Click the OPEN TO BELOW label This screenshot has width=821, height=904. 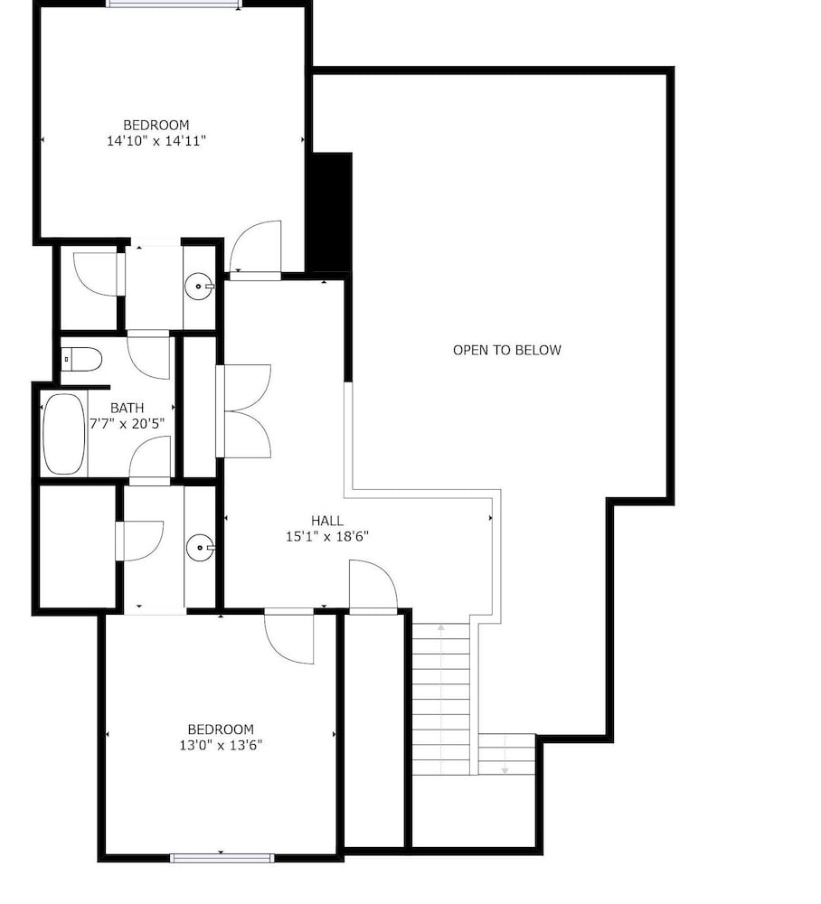[506, 350]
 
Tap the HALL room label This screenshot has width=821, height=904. [327, 521]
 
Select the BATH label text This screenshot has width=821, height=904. [127, 409]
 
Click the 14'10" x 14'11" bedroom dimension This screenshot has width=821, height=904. [156, 141]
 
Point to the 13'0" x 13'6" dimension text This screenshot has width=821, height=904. [221, 745]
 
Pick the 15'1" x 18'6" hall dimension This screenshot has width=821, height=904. [327, 536]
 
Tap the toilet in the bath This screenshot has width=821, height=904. [81, 359]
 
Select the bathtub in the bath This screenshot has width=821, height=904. [64, 434]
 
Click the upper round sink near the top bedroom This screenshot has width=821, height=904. [200, 286]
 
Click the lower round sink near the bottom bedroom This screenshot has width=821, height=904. [200, 546]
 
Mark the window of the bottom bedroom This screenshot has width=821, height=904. [222, 858]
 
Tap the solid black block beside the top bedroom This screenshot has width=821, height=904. [332, 212]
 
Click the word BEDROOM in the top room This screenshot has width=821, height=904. [156, 125]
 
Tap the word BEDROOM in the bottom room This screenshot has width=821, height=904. [221, 730]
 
